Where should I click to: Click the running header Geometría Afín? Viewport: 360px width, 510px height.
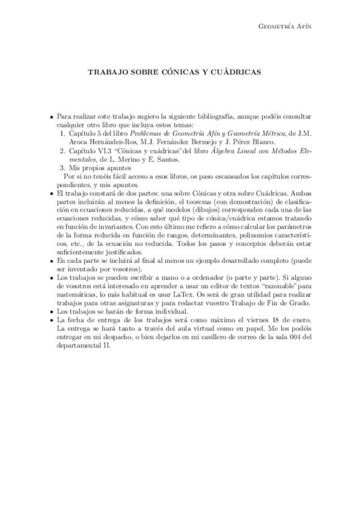tap(287, 26)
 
